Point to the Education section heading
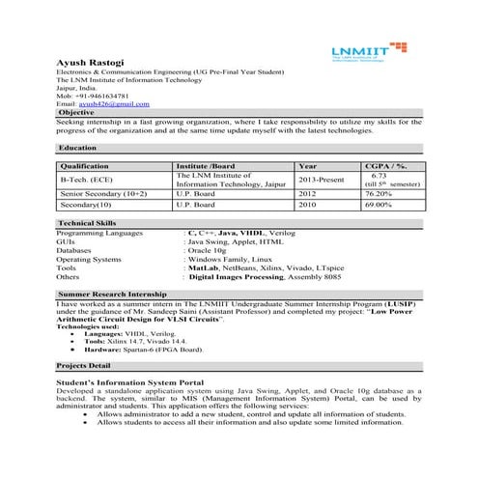point(77,148)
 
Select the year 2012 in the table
point(307,194)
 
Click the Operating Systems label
point(89,260)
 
